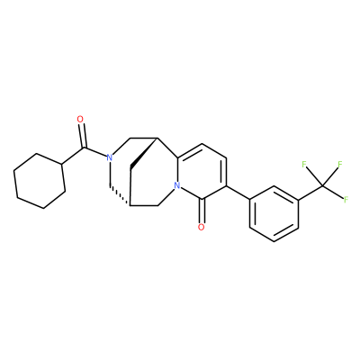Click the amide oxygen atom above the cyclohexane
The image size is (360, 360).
coord(80,119)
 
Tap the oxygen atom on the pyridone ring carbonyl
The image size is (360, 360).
coord(202,227)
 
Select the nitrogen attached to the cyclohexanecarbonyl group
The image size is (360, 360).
coord(109,157)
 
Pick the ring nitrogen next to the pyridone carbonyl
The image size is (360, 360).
coord(177,186)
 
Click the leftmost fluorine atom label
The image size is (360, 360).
coord(303,164)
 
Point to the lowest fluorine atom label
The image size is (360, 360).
coord(346,199)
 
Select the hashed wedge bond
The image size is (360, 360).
coord(120,196)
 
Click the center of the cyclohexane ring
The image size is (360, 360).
coord(40,181)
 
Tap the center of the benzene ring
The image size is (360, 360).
coord(274,213)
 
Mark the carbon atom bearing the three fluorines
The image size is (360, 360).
coord(323,185)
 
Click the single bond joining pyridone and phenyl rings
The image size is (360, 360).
coord(238,193)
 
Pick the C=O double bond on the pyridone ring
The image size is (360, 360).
coord(202,211)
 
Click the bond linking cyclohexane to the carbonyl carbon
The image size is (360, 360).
coord(74,156)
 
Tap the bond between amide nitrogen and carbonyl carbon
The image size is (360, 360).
coord(96,152)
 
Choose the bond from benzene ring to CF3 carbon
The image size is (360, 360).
coord(310,193)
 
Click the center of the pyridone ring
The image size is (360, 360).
coord(202,172)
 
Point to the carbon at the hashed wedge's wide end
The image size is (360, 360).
coord(130,206)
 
